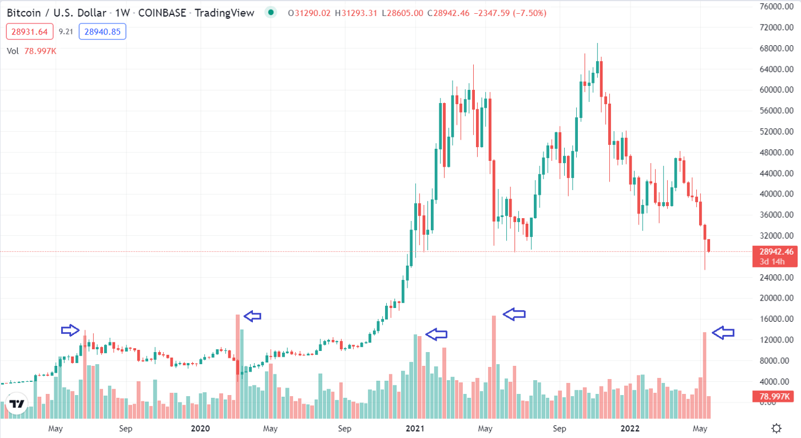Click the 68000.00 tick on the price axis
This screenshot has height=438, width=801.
776,48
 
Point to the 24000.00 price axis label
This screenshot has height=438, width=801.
776,277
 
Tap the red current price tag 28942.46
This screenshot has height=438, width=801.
776,251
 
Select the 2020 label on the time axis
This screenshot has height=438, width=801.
200,428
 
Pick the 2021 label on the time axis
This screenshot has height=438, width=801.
415,428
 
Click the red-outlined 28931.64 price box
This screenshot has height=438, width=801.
29,32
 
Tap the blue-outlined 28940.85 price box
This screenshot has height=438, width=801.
102,32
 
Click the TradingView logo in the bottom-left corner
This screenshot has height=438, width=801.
17,404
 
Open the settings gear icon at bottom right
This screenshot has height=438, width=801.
776,428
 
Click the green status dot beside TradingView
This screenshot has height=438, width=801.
271,13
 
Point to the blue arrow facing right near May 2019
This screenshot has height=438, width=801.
70,330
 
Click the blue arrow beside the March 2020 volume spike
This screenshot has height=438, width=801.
252,315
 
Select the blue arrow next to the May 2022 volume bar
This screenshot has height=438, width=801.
723,332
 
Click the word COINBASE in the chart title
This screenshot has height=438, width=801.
161,13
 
